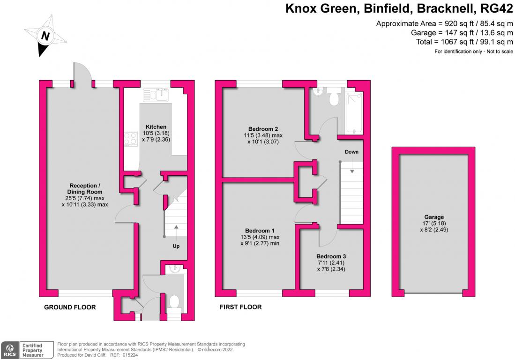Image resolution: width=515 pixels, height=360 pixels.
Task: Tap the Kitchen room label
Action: coord(156,127)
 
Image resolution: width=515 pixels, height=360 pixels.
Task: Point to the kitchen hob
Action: coord(130,139)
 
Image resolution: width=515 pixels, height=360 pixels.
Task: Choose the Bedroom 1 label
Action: coord(260,231)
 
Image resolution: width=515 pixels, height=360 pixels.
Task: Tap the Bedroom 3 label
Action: coord(331,256)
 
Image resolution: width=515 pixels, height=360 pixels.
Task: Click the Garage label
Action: coord(434,217)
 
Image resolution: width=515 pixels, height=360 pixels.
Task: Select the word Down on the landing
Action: coord(351,152)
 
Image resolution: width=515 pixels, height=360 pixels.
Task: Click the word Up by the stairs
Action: coord(176,246)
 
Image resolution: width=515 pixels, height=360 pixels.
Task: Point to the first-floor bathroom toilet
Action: coord(335,98)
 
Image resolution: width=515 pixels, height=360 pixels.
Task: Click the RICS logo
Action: coord(9,350)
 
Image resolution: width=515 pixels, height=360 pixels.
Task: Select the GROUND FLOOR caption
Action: coord(70,307)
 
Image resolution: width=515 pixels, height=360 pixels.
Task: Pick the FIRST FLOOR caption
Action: coord(240,307)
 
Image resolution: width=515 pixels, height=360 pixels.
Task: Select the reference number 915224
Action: coord(126,355)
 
